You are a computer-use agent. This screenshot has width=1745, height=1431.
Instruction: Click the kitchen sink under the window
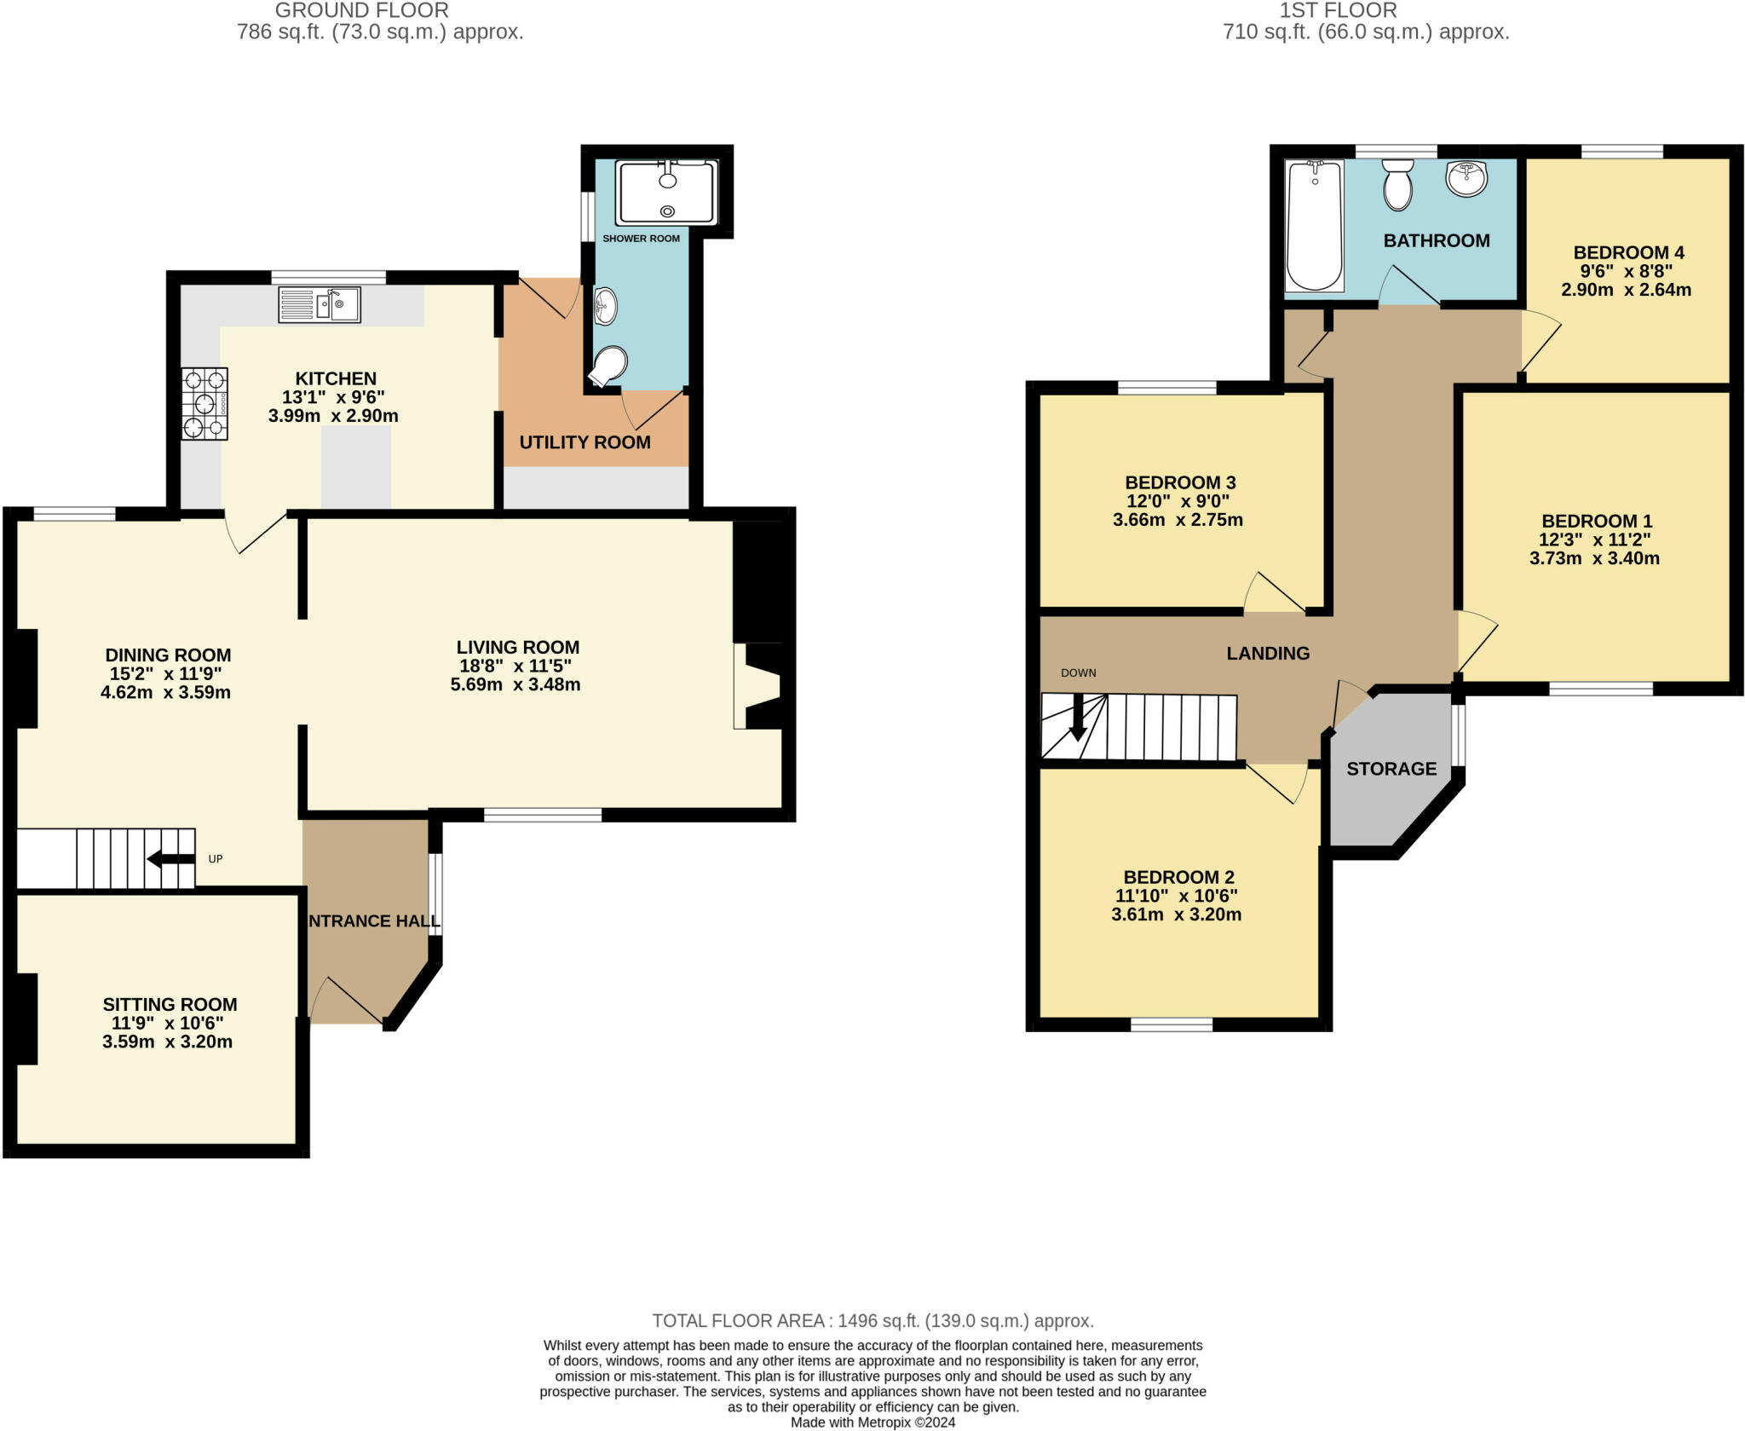coord(320,304)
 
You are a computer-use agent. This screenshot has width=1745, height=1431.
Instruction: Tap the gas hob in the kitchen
coord(204,403)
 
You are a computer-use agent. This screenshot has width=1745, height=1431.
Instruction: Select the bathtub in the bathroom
coord(1314,226)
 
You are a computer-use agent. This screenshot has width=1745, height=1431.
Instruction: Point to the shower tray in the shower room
coord(667,192)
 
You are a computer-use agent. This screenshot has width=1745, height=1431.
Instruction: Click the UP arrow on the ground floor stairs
coord(170,858)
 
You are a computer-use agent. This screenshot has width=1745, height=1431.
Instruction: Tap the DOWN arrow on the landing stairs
coord(1078,717)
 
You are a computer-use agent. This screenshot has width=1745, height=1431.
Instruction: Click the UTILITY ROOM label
coord(585,442)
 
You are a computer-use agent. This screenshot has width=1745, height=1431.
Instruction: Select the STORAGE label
coord(1391,769)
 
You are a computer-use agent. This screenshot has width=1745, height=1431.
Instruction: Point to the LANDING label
coord(1268,653)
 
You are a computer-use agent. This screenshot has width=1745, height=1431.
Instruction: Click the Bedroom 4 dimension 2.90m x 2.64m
coord(1626,290)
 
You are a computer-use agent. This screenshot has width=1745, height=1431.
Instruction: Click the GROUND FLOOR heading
coord(361,10)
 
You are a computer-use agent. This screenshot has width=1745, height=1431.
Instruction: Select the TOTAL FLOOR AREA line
coord(872,1321)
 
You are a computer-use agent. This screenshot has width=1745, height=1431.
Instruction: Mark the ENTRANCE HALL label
coord(372,920)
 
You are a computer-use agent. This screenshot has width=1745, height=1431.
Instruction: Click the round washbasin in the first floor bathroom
coord(1466,179)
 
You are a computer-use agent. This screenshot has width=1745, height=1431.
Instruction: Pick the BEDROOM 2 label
coord(1178,877)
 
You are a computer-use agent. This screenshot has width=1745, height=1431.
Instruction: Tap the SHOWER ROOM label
coord(641,239)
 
